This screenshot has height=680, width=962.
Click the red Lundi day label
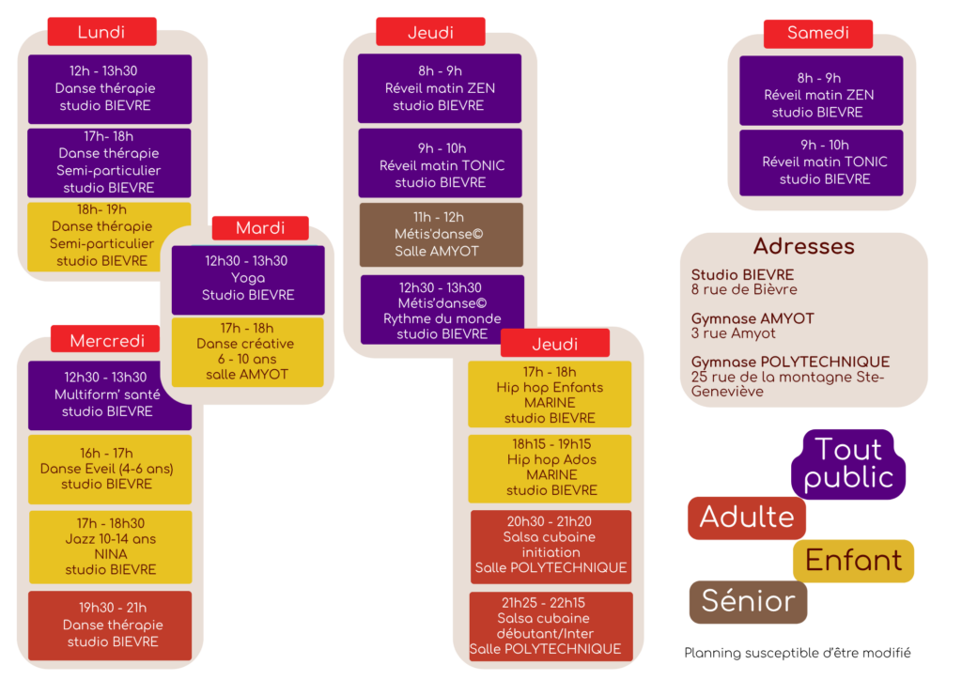pyautogui.click(x=101, y=32)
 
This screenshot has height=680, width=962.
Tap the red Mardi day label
pyautogui.click(x=260, y=228)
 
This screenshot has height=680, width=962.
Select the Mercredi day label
pyautogui.click(x=107, y=340)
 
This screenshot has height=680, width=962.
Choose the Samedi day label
pyautogui.click(x=817, y=33)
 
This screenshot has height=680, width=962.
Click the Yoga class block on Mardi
pyautogui.click(x=248, y=279)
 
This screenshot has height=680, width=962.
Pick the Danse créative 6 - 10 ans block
pyautogui.click(x=248, y=351)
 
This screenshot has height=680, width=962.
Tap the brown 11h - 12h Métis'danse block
pyautogui.click(x=441, y=235)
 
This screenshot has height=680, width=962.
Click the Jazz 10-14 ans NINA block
pyautogui.click(x=110, y=546)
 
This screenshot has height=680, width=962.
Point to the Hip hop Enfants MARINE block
pyautogui.click(x=550, y=394)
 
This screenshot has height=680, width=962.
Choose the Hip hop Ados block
pyautogui.click(x=551, y=467)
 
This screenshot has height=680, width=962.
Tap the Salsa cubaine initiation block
pyautogui.click(x=551, y=546)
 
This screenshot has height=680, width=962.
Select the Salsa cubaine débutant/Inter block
pyautogui.click(x=550, y=626)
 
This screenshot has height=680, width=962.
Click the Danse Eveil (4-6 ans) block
pyautogui.click(x=109, y=469)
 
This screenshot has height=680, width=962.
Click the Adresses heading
pyautogui.click(x=803, y=246)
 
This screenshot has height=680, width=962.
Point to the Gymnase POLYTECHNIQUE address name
pyautogui.click(x=790, y=362)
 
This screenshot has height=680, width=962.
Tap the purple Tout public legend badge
pyautogui.click(x=848, y=464)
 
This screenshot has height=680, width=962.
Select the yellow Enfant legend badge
pyautogui.click(x=853, y=561)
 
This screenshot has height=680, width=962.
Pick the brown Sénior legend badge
pyautogui.click(x=748, y=601)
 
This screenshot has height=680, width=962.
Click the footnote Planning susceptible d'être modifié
pyautogui.click(x=798, y=653)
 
